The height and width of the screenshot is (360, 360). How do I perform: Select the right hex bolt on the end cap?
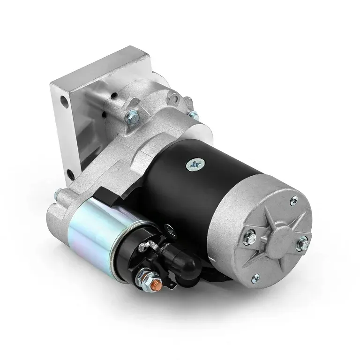click(x=302, y=243)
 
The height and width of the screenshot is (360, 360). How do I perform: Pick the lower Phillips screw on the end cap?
click(x=255, y=280)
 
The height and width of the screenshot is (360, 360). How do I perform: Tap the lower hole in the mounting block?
click(x=70, y=175)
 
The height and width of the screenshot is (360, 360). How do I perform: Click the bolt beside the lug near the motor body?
click(x=192, y=114)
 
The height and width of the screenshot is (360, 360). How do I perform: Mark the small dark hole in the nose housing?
click(x=114, y=96)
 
